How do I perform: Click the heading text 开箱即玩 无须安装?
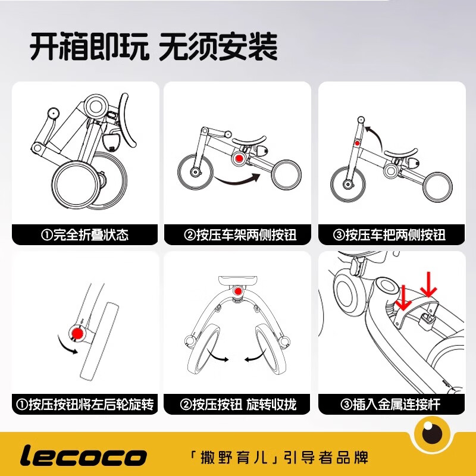154,46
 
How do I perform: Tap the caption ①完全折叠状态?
85,234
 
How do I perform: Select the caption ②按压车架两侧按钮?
237,234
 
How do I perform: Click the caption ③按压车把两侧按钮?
390,234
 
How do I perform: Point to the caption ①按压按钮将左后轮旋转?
85,405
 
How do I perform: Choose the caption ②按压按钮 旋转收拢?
237,405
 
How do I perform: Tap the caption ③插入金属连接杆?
390,405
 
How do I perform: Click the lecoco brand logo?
83,456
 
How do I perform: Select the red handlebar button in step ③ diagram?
358,143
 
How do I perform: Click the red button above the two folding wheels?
238,292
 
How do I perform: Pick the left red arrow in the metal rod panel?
403,297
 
